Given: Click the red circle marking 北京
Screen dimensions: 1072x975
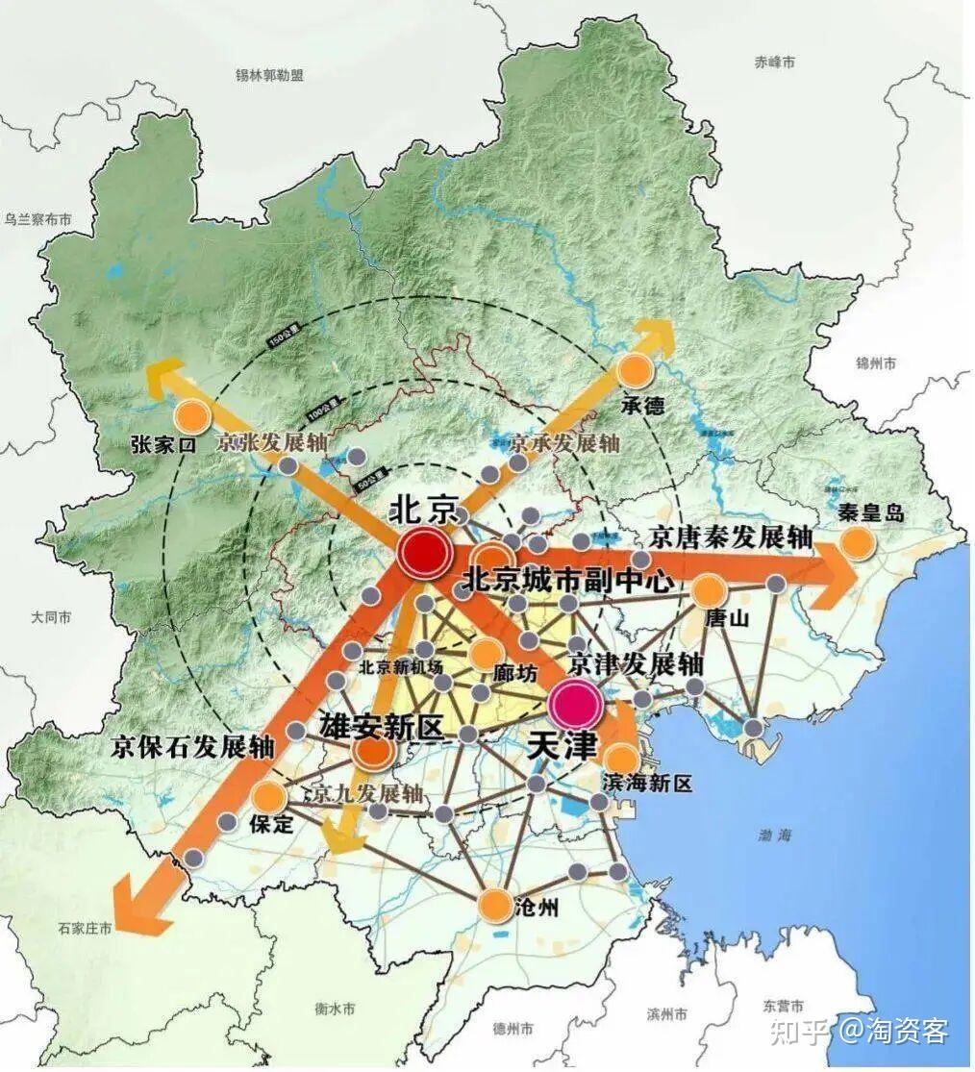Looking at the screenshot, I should tap(424, 553).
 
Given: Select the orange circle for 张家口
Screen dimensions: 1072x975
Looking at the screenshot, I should tap(193, 415).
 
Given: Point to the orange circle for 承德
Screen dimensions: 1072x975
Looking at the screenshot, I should tap(637, 370).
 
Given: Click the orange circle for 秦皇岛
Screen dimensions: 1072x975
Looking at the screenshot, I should tap(858, 543).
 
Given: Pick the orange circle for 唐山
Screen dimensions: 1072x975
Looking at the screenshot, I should tap(709, 590).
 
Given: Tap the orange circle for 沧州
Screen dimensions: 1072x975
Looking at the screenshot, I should tap(493, 904).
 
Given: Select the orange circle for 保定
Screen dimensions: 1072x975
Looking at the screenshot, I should tap(269, 796).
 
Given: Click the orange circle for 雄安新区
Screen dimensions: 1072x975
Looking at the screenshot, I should tap(372, 752).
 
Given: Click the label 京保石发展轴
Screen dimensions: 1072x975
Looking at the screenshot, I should tap(193, 747).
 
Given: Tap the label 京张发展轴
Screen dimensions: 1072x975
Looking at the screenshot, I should tap(273, 443).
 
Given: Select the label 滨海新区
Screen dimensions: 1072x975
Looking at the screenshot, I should tap(648, 783).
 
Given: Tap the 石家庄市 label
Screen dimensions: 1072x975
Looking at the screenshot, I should tap(85, 929).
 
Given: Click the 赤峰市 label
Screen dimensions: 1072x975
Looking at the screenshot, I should tap(775, 62).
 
